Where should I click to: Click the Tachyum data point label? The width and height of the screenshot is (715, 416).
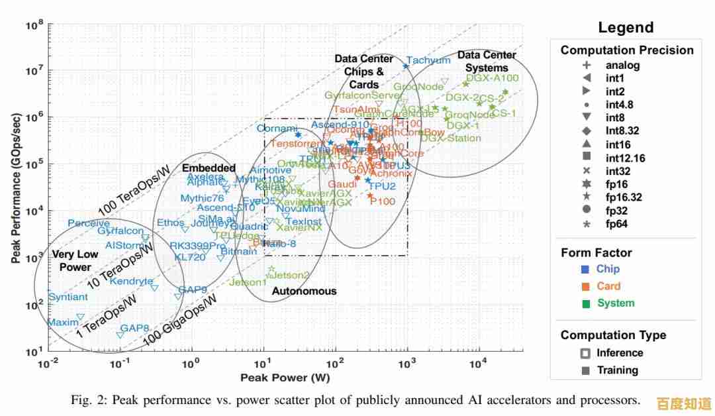point(428,60)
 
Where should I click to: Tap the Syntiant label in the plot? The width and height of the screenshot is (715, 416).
point(68,297)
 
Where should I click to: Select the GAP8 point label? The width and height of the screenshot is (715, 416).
point(134,328)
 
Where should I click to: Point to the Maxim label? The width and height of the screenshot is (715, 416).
point(63,323)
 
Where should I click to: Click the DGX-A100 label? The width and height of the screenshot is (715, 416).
point(492,78)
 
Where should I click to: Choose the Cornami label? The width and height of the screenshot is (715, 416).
point(277,128)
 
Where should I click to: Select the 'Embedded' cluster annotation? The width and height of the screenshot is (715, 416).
point(209,168)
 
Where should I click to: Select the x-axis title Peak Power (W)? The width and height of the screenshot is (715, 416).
point(285,378)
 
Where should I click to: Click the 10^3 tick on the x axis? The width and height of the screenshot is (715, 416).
point(406,364)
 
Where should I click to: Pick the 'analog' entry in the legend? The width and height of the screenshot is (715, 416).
point(622,65)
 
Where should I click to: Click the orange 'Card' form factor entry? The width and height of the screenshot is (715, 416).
point(608,286)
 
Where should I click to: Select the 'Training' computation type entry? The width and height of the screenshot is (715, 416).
point(617,370)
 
